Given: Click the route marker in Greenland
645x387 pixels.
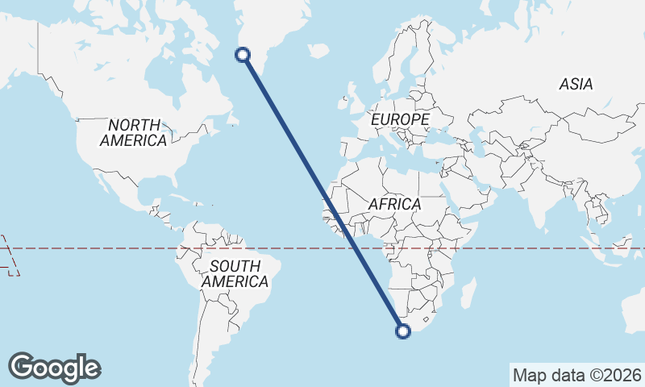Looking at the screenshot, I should tap(243, 55).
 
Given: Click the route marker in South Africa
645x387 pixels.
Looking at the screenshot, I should tap(404, 330).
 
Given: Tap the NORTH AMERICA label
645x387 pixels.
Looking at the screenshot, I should tap(134, 132).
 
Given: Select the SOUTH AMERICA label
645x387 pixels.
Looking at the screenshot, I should tap(235, 274).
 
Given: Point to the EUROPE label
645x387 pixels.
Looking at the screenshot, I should tap(400, 119).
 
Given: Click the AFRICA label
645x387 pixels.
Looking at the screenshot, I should tap(395, 204).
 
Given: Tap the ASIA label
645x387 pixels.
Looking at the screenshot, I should tap(576, 84).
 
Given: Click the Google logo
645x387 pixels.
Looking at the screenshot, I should tap(54, 367).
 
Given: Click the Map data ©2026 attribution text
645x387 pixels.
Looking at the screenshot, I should tap(576, 375).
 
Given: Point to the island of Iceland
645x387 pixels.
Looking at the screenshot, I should tap(318, 50).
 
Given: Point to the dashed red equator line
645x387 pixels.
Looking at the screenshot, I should tap(97, 248).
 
